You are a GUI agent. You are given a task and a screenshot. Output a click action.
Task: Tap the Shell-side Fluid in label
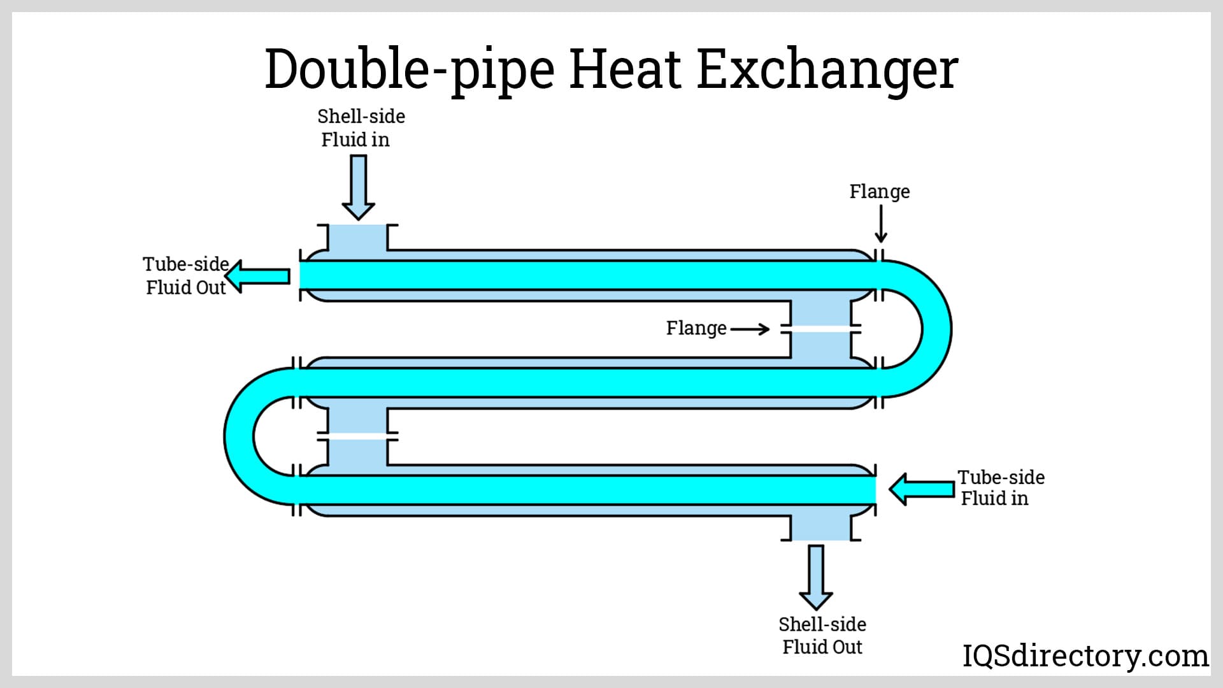360,127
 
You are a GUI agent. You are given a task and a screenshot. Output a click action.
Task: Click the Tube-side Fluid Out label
185,276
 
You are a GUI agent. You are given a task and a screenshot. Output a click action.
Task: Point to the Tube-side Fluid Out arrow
258,276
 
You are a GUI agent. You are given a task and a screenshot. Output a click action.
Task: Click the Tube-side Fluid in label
1000,488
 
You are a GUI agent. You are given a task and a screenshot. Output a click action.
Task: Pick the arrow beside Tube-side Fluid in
921,489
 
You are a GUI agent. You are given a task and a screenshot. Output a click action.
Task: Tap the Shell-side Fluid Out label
822,635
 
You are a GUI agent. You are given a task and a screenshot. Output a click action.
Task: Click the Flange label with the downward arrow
879,191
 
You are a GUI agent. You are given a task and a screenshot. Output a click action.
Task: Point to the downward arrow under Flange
881,225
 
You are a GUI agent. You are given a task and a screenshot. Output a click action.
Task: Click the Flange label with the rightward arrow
696,328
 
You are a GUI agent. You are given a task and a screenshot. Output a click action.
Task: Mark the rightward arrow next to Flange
750,329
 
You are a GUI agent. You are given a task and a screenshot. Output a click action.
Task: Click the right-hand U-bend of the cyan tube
936,329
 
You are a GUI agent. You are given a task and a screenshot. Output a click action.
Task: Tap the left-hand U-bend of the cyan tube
240,436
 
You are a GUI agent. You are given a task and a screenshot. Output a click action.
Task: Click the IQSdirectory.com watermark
1085,656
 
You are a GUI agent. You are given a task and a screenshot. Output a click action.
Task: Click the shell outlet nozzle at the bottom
820,527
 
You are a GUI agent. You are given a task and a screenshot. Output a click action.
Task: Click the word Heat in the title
624,69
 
